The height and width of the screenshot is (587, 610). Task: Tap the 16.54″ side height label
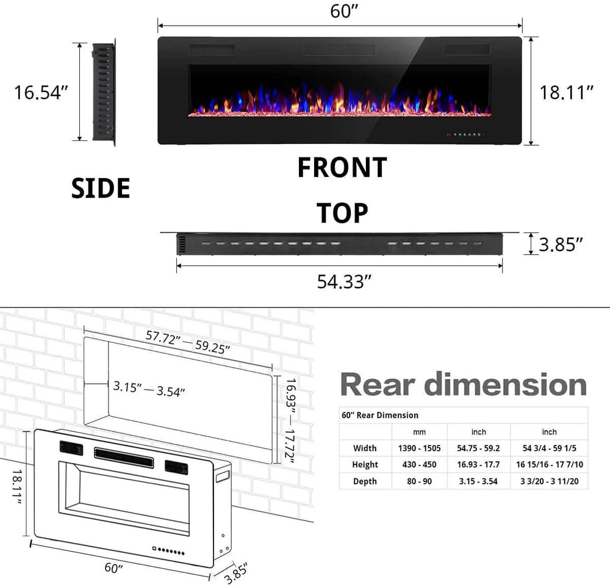click(x=41, y=92)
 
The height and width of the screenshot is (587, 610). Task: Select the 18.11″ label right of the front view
click(x=567, y=92)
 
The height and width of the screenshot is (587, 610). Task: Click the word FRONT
click(x=342, y=168)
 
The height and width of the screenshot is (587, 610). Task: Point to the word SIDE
click(x=101, y=189)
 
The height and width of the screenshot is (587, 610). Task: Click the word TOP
click(x=342, y=214)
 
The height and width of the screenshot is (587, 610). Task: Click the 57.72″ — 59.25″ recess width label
click(x=187, y=342)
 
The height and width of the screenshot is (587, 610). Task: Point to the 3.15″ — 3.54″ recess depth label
click(x=149, y=389)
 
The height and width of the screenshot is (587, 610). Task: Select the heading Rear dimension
click(x=463, y=385)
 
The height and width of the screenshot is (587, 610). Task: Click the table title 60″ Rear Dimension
click(x=380, y=415)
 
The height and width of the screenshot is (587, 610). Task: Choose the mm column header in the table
click(x=420, y=431)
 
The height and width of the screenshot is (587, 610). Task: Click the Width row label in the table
click(x=365, y=448)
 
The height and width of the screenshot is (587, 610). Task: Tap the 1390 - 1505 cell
click(x=420, y=448)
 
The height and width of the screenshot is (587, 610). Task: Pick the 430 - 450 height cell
click(x=420, y=464)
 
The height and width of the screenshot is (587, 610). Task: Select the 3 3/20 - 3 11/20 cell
click(x=549, y=481)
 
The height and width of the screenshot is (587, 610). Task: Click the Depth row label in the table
click(x=365, y=481)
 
